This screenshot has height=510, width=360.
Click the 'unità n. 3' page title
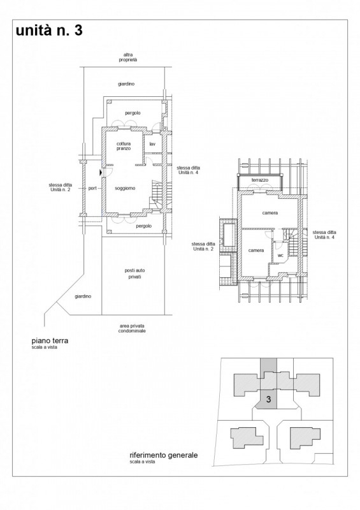tap(49, 30)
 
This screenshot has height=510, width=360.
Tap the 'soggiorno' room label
tap(125, 188)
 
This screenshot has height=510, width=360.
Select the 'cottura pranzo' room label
tap(124, 146)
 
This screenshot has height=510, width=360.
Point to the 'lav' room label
tap(152, 144)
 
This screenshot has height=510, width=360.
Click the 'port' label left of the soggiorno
tap(92, 188)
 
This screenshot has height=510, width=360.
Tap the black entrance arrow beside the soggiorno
tap(101, 171)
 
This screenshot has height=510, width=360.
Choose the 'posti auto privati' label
tap(134, 273)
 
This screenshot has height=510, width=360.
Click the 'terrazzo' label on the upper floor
tap(260, 180)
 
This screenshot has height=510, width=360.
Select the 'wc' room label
tap(280, 256)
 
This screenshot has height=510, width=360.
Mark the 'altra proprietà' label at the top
tap(128, 57)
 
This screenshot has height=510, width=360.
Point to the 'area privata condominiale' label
tap(132, 328)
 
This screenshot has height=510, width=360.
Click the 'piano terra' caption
tap(50, 341)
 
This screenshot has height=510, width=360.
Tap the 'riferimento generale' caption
tap(164, 455)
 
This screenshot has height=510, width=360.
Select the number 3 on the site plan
tap(269, 399)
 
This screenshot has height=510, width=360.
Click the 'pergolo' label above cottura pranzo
tap(133, 113)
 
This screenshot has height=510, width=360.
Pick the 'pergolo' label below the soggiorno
tap(144, 226)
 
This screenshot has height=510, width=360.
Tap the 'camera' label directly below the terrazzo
tap(270, 213)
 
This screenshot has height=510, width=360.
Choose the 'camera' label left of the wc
tap(256, 251)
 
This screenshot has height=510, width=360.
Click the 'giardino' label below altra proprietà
tap(126, 84)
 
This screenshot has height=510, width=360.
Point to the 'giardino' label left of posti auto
tap(83, 296)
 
